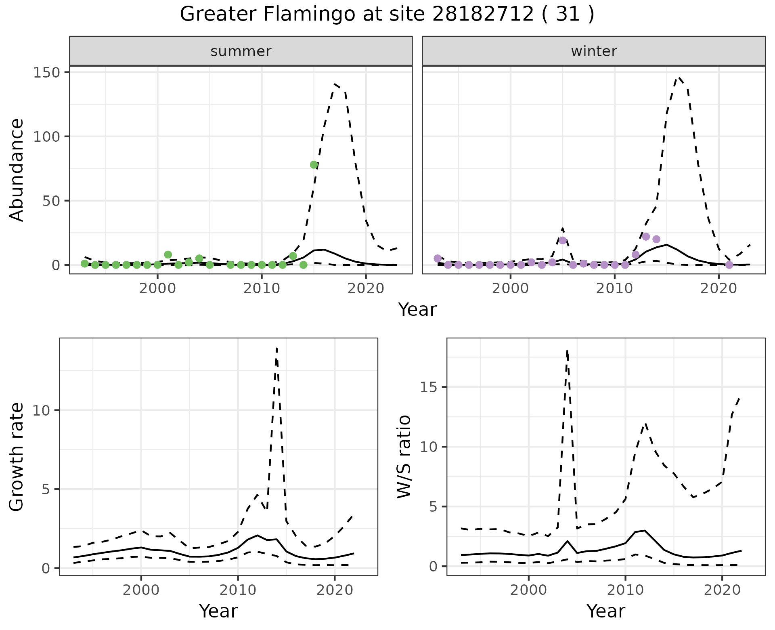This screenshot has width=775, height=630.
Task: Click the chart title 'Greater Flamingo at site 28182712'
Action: click(x=387, y=15)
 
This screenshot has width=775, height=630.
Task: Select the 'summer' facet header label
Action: click(x=241, y=51)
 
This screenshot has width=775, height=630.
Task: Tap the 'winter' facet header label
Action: click(x=594, y=51)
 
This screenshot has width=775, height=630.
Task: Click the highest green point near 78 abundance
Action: click(x=314, y=164)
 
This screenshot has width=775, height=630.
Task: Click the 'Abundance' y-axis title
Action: click(x=17, y=170)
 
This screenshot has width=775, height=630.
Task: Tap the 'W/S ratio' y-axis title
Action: click(x=404, y=456)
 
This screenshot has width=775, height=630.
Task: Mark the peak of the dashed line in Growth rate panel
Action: click(x=276, y=348)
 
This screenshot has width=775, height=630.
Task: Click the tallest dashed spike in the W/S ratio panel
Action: click(x=567, y=351)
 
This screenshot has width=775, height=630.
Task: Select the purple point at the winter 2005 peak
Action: click(x=563, y=240)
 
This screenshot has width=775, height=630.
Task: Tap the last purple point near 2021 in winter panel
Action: click(x=729, y=265)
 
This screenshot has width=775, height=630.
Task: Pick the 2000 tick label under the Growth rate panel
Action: click(x=141, y=590)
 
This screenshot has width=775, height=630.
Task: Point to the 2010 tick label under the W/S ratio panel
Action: click(x=625, y=590)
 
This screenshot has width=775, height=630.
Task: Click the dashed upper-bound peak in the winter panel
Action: click(x=680, y=78)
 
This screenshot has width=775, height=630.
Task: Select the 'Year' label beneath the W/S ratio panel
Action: click(x=605, y=611)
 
